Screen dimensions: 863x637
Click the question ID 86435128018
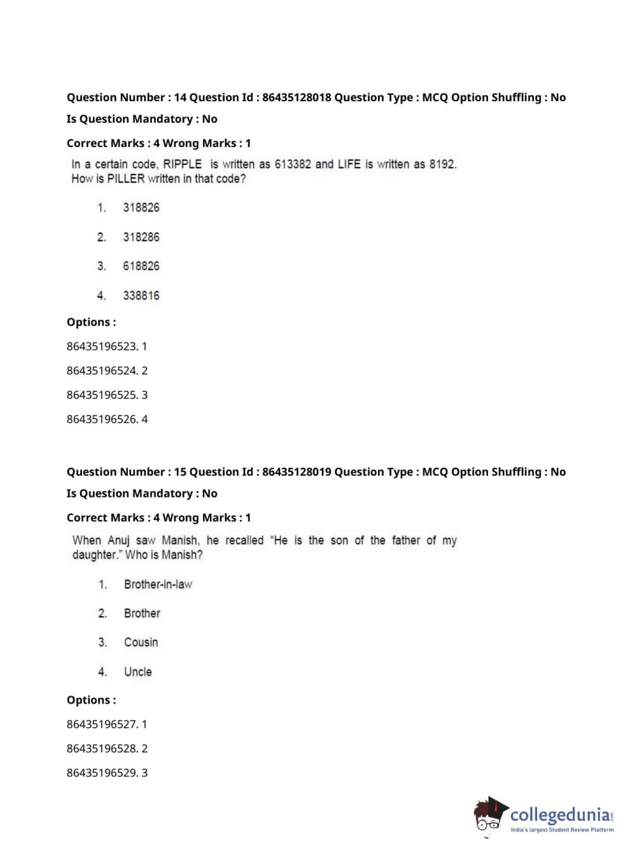[297, 97]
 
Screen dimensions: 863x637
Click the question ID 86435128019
[297, 472]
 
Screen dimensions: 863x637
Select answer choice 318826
[141, 207]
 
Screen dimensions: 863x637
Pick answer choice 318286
[141, 237]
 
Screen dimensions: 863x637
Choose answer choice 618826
[141, 266]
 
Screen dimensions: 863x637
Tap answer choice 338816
[141, 295]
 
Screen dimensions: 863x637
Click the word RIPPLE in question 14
[183, 164]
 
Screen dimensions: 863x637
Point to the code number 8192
[442, 164]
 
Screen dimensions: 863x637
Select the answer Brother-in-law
[158, 584]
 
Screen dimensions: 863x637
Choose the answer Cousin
[141, 642]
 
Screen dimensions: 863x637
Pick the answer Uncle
[138, 671]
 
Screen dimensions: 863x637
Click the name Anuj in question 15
[118, 540]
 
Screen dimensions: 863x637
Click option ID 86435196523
[102, 346]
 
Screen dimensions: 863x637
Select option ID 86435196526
[102, 419]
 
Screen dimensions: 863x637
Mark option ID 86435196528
[102, 748]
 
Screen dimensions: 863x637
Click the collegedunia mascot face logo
[489, 815]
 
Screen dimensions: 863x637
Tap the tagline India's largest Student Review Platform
[562, 830]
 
